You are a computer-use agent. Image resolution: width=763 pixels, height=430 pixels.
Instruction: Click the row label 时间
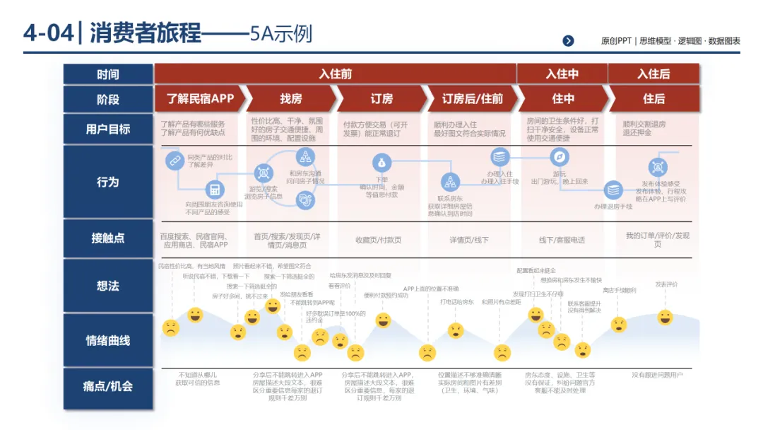(108, 74)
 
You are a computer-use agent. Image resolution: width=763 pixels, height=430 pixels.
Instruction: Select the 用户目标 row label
(108, 129)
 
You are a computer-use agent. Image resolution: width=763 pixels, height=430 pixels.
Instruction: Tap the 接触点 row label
(108, 238)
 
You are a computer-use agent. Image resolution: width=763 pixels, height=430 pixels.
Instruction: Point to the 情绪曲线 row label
(108, 340)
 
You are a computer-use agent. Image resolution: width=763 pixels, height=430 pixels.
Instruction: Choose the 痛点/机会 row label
(108, 387)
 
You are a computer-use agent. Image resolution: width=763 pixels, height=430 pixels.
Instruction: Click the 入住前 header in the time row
(336, 74)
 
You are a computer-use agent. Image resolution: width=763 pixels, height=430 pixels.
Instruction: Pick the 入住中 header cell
(562, 74)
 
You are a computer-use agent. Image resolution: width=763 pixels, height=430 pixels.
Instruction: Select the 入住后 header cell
(653, 74)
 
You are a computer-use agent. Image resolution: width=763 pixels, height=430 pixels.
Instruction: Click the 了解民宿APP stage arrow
(200, 99)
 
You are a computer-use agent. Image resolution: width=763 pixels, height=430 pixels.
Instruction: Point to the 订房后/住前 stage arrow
(473, 99)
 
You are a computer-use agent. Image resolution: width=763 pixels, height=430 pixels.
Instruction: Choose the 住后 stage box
(653, 99)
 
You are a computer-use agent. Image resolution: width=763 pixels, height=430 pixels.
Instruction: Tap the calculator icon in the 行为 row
(213, 189)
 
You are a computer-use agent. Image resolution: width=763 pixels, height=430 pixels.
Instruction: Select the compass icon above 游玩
(560, 157)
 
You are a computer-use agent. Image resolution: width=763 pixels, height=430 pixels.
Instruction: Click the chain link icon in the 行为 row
(174, 161)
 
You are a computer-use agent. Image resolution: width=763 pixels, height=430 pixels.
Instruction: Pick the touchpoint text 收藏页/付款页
(379, 240)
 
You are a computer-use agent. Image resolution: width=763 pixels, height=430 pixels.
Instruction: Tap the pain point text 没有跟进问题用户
(657, 374)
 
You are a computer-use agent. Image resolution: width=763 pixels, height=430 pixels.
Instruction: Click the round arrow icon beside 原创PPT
(569, 41)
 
